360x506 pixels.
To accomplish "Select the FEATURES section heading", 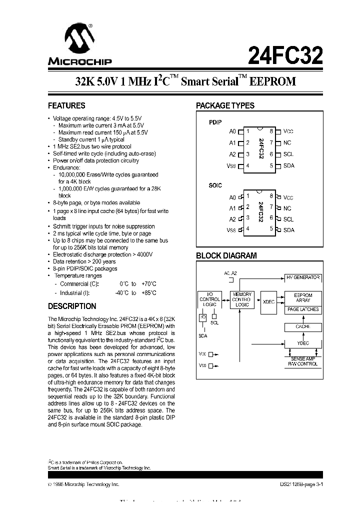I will tap(66, 105).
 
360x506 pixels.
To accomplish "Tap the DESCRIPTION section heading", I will tap(71, 306).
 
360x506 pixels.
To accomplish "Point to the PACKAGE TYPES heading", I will tap(225, 105).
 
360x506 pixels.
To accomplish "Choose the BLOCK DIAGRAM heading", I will tap(226, 255).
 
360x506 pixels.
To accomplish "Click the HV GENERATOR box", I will tap(302, 277).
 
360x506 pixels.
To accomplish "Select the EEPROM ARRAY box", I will tap(303, 298).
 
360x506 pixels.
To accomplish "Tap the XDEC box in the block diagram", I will tap(268, 302).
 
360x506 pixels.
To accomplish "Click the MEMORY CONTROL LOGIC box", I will tap(242, 299).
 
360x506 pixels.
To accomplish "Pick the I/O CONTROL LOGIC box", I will tap(209, 299).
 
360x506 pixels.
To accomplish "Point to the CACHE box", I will tap(303, 327).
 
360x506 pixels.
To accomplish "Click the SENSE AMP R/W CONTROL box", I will tap(302, 361).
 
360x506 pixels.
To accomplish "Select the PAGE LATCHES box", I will tap(303, 310).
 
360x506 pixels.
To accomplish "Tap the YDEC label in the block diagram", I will tap(303, 343).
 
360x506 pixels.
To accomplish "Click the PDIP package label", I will tap(215, 122).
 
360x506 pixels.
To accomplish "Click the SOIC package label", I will tap(215, 185).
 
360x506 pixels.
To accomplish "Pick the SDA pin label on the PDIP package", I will tap(288, 165).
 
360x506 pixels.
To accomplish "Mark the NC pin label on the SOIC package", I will tap(287, 208).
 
